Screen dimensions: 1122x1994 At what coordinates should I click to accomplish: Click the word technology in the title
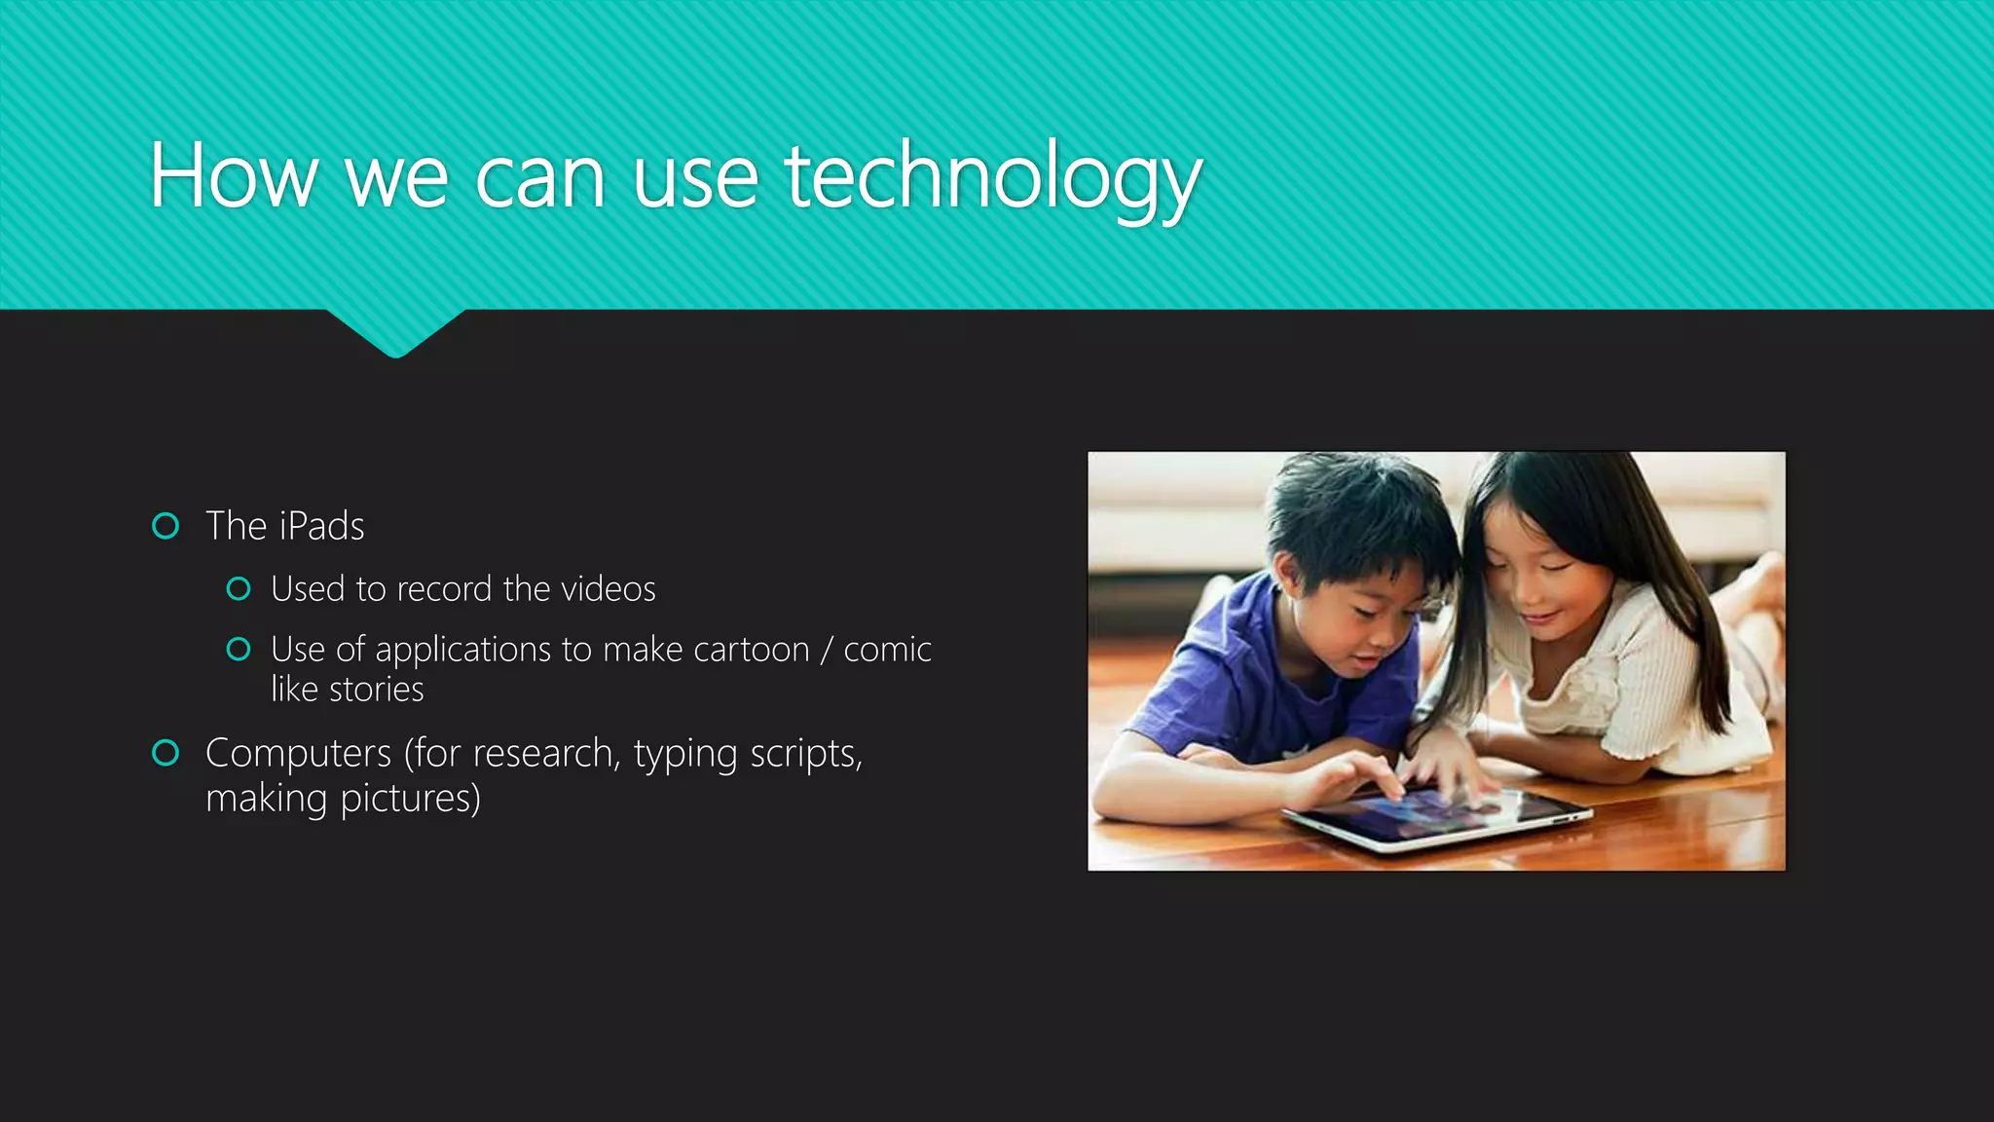tap(993, 177)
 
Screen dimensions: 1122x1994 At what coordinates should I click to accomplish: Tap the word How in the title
tap(234, 177)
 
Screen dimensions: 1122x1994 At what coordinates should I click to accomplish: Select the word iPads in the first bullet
tap(321, 526)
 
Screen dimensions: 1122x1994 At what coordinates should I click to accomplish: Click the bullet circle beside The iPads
tap(166, 526)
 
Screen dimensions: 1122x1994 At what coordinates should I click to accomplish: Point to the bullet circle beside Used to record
tap(239, 588)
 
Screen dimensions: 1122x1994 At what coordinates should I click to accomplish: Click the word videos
tap(609, 588)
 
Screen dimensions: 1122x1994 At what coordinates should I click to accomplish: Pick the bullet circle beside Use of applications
tap(239, 649)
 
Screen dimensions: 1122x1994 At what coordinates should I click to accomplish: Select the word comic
tap(887, 650)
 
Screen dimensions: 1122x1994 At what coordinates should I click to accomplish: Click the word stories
tap(376, 690)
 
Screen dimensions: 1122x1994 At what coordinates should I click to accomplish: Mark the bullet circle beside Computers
tap(166, 753)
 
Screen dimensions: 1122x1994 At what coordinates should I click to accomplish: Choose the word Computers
tap(298, 753)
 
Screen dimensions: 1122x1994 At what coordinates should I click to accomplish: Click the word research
tap(543, 753)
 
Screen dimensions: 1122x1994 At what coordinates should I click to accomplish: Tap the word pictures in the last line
tap(410, 799)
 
